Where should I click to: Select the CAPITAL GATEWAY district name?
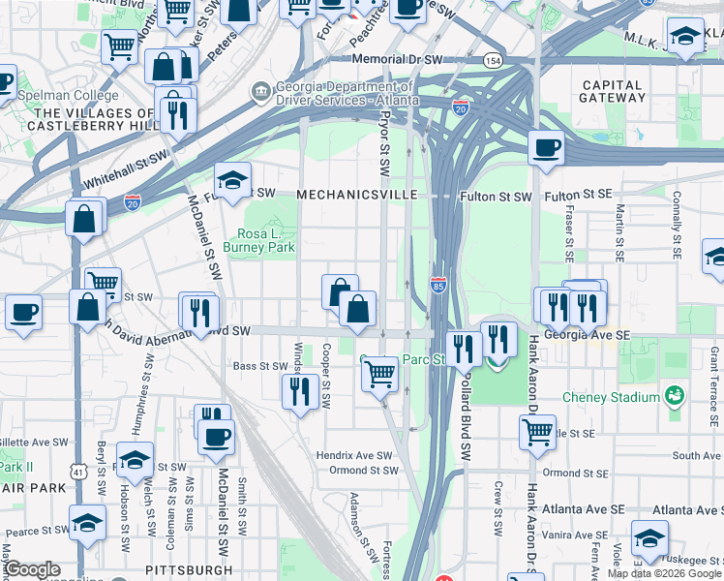612,92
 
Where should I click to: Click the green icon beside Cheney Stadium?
674,397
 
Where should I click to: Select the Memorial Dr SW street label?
397,60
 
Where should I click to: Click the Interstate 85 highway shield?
437,285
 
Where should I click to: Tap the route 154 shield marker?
494,60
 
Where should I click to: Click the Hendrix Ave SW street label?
355,455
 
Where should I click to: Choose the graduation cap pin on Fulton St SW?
232,180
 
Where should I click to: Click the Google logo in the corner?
32,569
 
